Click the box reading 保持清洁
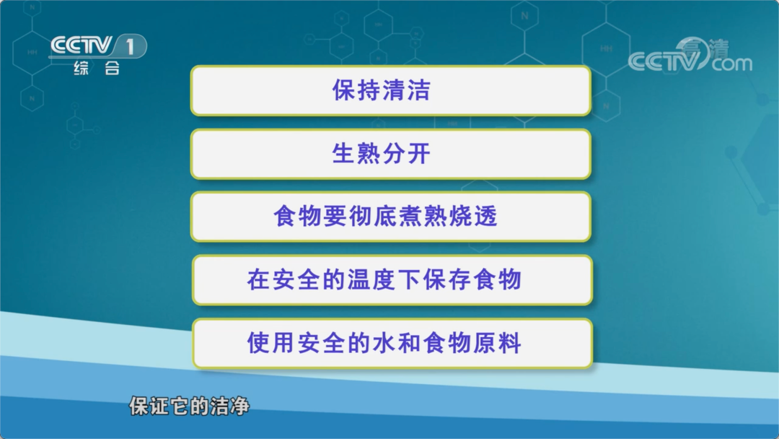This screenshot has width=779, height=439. [391, 90]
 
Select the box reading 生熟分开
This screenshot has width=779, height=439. [391, 154]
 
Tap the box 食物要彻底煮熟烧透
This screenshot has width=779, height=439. [391, 217]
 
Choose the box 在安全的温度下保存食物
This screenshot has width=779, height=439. [392, 280]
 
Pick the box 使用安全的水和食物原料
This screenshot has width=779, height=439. [392, 344]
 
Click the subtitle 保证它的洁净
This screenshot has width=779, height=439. [189, 407]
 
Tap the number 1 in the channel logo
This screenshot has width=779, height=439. [130, 47]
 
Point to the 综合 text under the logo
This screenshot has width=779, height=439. [97, 68]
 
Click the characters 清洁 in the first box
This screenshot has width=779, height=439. [407, 90]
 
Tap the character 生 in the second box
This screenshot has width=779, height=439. [343, 154]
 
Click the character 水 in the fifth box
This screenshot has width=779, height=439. [384, 344]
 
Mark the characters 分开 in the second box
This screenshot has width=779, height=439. [407, 154]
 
